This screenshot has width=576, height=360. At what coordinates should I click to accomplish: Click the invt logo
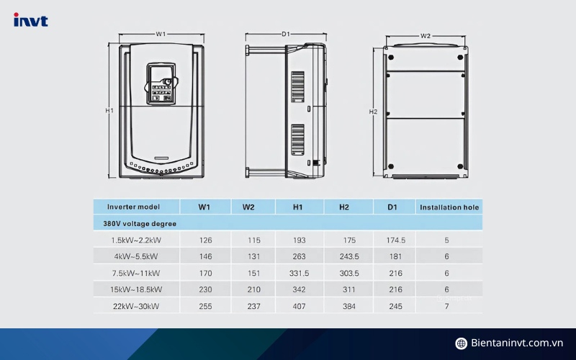click(x=31, y=20)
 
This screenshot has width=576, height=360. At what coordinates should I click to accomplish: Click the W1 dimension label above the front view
click(x=161, y=34)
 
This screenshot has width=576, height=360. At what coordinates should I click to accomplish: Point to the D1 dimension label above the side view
click(x=285, y=34)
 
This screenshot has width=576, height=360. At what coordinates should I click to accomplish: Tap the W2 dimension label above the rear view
click(x=426, y=36)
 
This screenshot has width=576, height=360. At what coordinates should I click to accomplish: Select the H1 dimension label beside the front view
click(x=109, y=111)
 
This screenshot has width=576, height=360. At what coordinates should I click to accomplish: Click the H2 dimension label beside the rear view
click(x=373, y=112)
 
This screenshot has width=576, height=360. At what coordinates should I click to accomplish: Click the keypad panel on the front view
click(x=161, y=84)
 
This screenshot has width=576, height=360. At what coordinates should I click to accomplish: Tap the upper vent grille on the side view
click(x=297, y=86)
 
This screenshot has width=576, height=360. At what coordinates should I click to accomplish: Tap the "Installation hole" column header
click(x=449, y=207)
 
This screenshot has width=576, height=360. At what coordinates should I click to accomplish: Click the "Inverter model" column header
click(x=133, y=207)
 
